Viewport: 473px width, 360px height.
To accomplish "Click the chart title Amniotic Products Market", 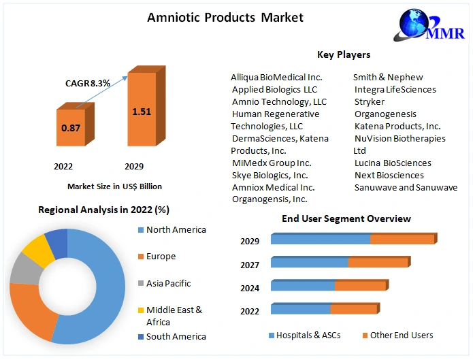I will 225,17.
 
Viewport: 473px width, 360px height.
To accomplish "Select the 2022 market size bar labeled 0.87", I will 71,128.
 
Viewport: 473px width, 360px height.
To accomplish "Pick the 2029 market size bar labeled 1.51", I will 142,111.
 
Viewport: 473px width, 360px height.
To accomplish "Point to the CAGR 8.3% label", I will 87,83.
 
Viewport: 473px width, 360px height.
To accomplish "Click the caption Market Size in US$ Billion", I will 114,186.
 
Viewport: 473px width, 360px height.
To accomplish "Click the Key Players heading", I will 344,54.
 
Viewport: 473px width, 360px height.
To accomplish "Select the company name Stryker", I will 370,102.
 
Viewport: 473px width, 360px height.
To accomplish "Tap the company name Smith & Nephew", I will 388,78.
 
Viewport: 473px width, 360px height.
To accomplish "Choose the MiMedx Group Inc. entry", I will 272,163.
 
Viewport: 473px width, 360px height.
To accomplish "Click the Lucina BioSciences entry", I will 393,163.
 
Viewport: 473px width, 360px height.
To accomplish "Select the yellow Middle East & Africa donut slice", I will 39,251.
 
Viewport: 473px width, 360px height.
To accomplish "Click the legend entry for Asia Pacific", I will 168,283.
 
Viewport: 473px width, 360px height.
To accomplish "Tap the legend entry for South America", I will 176,336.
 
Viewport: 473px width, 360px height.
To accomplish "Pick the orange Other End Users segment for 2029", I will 402,239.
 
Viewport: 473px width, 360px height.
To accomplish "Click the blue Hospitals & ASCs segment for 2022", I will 301,309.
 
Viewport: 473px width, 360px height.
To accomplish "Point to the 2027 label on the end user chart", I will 250,265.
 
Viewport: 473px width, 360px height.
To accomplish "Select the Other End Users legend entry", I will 402,335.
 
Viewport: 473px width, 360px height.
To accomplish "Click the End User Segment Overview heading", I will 346,218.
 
